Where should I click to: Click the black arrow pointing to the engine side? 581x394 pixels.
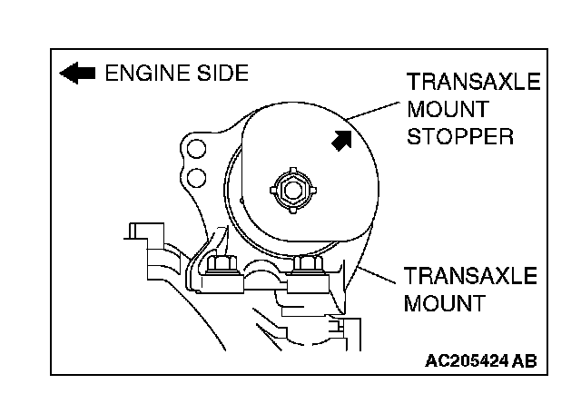pyautogui.click(x=77, y=73)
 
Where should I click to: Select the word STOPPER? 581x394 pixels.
pyautogui.click(x=461, y=137)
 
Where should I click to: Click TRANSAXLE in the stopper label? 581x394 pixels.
pyautogui.click(x=473, y=84)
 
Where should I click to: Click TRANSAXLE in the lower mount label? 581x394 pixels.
pyautogui.click(x=471, y=275)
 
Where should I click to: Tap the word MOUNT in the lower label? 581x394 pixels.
pyautogui.click(x=444, y=302)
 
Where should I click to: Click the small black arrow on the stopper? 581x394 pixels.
pyautogui.click(x=342, y=140)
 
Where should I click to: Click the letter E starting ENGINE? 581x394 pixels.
pyautogui.click(x=113, y=73)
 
